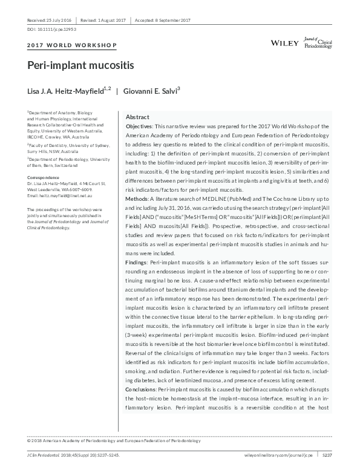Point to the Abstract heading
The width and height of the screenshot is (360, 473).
point(137,117)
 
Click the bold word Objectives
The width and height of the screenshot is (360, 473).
point(139,126)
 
